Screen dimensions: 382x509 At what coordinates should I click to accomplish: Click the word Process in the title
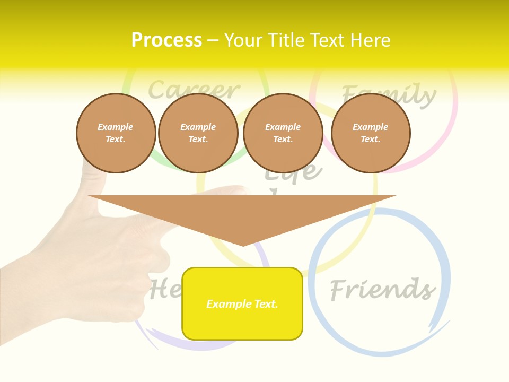pos(166,40)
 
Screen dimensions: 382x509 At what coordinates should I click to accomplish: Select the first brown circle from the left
pos(116,133)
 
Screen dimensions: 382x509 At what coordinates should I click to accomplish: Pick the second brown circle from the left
pos(198,133)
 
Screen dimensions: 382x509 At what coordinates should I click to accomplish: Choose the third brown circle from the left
pos(283,133)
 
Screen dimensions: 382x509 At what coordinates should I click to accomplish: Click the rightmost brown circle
pos(370,133)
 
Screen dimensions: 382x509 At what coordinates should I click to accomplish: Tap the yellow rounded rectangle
pos(242,303)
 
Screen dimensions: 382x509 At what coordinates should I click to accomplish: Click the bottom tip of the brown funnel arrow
pos(243,245)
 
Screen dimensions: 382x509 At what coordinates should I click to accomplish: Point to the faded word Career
pos(194,90)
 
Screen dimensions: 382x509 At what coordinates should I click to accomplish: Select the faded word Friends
pos(382,290)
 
